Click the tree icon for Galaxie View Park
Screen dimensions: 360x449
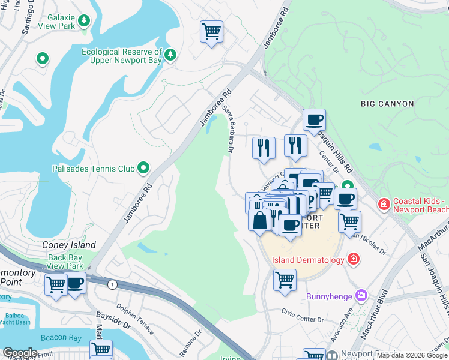tap(84, 21)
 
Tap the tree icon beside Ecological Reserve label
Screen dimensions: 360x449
tap(170, 55)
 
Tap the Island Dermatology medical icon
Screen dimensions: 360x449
tap(354, 259)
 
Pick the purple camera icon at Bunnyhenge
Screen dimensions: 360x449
tap(360, 295)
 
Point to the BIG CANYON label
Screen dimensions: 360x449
tap(387, 104)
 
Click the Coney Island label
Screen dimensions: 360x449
tap(69, 245)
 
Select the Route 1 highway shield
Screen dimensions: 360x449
tap(112, 284)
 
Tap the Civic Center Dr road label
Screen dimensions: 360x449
tap(304, 311)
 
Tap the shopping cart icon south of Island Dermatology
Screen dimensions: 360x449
tap(284, 280)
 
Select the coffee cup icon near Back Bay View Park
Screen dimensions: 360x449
tap(75, 283)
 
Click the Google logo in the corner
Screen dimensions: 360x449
tap(20, 353)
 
